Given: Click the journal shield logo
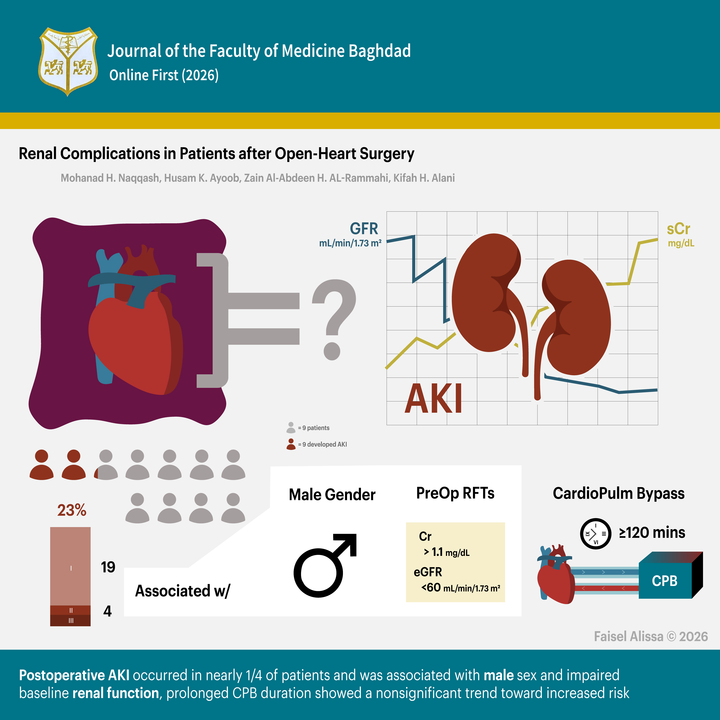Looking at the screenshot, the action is coord(68,61).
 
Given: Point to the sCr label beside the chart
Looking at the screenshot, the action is coord(678,229).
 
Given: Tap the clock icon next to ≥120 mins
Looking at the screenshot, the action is coord(595,534).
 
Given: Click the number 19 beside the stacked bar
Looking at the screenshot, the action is coord(108,567).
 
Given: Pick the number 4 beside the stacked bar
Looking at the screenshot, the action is coord(107,611).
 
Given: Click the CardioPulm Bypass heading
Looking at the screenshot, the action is coord(619,493).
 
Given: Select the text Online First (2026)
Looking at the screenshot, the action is coord(164,75).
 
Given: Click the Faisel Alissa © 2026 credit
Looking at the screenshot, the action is coord(651,636).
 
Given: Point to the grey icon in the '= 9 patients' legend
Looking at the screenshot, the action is coord(291,427).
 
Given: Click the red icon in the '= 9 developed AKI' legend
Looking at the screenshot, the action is coord(291,444).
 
